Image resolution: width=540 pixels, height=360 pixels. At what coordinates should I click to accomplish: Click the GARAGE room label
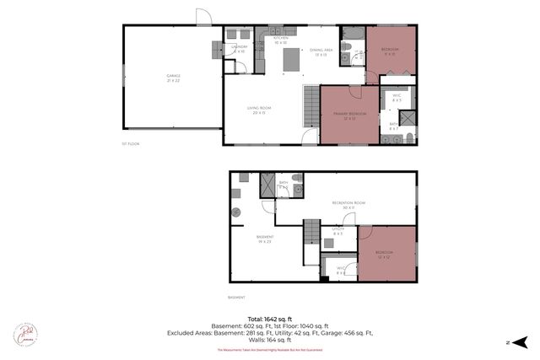(172, 78)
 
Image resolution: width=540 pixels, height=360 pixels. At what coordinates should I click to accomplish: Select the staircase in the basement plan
(313, 230)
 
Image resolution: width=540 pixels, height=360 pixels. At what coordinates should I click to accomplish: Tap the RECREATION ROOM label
(348, 205)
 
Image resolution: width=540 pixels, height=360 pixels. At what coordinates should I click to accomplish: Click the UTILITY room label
(338, 230)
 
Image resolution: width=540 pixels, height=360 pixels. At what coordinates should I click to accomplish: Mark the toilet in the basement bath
(299, 191)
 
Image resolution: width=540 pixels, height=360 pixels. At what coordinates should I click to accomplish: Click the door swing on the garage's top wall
(203, 16)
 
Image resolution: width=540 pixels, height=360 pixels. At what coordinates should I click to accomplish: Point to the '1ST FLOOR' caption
(130, 144)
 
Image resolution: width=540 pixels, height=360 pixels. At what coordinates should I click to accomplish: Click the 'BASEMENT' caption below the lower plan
(236, 298)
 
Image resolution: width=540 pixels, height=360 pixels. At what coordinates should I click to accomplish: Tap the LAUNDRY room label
(238, 49)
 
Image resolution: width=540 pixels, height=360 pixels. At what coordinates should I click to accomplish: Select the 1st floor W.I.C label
(396, 97)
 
